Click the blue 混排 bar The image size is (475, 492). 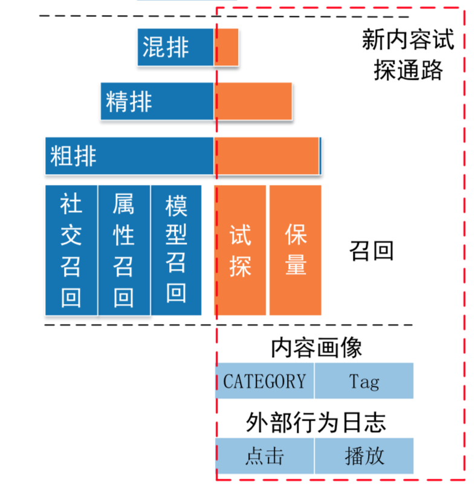point(175,47)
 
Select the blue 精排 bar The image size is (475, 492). point(157,102)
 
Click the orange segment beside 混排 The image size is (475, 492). point(227,47)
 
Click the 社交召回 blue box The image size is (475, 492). point(71,250)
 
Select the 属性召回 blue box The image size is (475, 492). point(124,250)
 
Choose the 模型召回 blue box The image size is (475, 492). point(176,250)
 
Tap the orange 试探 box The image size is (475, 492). point(241,250)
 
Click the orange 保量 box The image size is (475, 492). point(296,250)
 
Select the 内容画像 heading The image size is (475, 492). point(317,348)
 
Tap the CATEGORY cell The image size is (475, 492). point(265,381)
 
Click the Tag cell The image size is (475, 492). point(364,381)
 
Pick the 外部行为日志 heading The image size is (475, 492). point(316,422)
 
